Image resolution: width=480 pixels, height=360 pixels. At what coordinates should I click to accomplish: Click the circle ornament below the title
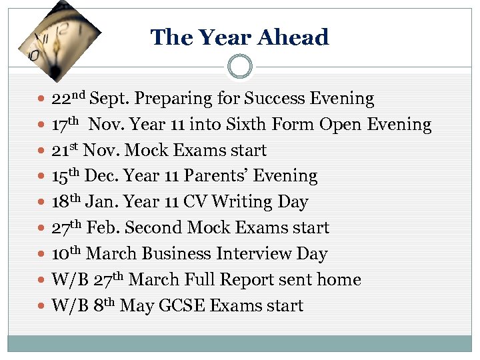pos(240,67)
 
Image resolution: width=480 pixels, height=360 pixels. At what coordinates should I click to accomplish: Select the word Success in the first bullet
pos(276,99)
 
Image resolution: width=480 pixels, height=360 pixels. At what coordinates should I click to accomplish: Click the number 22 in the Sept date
pos(61,99)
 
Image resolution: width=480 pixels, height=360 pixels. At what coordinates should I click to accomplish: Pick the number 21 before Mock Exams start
pos(61,151)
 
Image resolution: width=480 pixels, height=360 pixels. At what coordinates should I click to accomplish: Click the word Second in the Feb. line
pos(152,228)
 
